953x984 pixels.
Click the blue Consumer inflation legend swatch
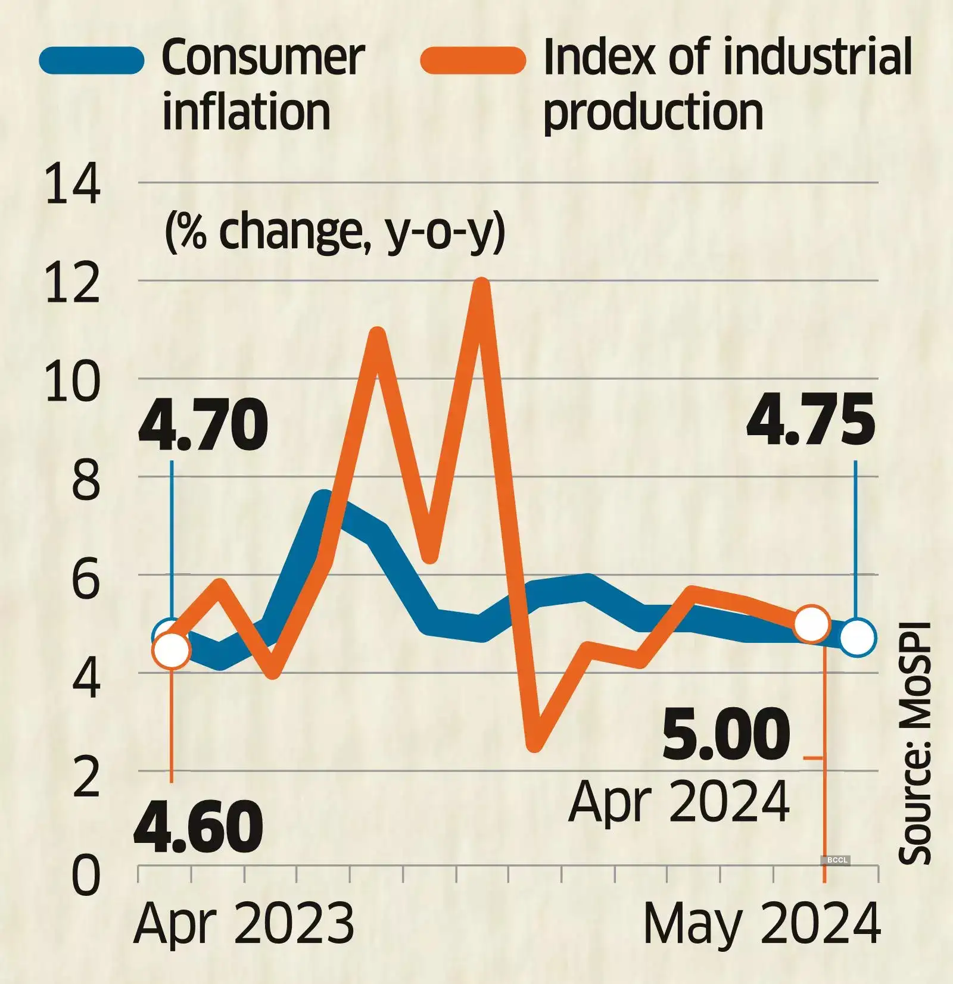point(92,61)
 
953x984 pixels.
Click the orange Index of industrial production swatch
point(473,61)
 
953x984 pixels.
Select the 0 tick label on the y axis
point(86,876)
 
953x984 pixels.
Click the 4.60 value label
point(198,827)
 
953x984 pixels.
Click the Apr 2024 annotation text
point(679,801)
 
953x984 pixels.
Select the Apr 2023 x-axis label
point(244,924)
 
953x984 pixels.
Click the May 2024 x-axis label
point(762,924)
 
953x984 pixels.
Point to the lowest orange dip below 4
point(535,744)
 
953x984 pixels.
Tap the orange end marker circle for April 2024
point(812,623)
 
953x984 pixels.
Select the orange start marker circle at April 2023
point(172,651)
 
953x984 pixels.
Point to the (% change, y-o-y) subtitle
point(334,232)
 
